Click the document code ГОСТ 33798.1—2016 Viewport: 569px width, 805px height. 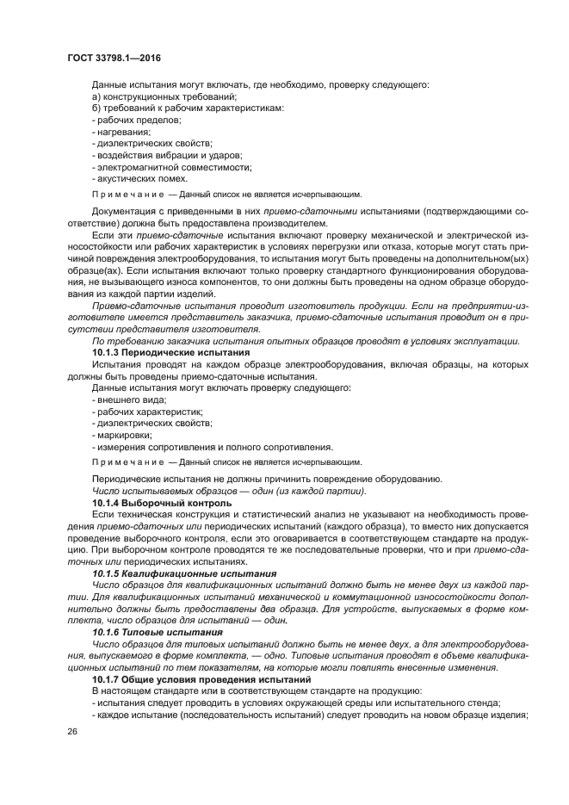click(113, 58)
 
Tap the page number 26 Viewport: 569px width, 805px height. click(71, 730)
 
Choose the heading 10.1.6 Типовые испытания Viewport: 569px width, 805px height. click(158, 632)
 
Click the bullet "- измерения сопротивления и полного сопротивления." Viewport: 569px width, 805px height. click(212, 448)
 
